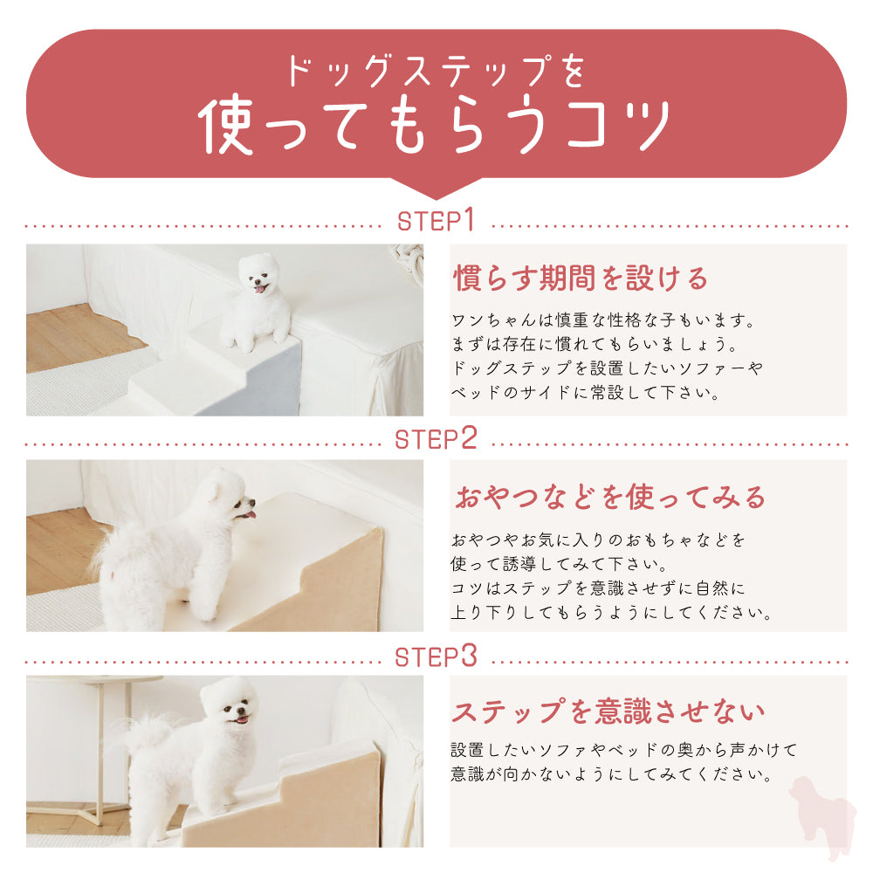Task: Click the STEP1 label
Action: (x=436, y=220)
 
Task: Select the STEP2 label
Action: (x=436, y=438)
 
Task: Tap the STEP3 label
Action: (x=436, y=656)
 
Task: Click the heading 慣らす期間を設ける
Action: (x=581, y=278)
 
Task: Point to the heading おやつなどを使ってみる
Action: (x=610, y=497)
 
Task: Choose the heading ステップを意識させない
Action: (x=608, y=711)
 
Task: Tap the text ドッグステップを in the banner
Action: (x=436, y=71)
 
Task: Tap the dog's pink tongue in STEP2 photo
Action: (x=251, y=515)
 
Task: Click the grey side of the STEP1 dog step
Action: (x=251, y=379)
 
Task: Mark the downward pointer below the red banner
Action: (x=436, y=189)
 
